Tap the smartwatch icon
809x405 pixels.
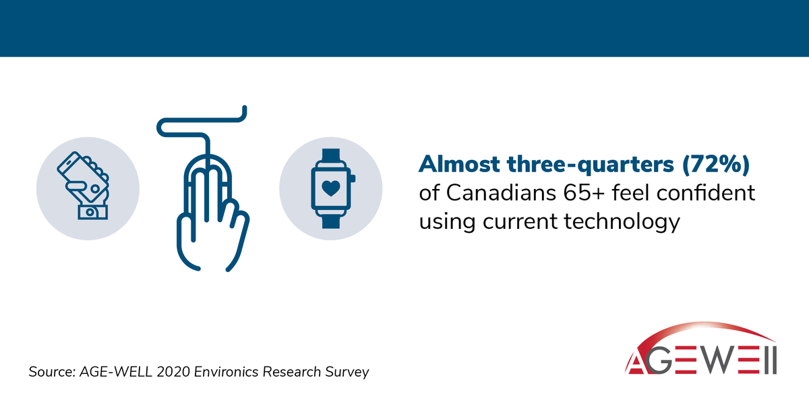(x=332, y=188)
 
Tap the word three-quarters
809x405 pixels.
(x=579, y=164)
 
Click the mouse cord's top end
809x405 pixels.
(x=245, y=109)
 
